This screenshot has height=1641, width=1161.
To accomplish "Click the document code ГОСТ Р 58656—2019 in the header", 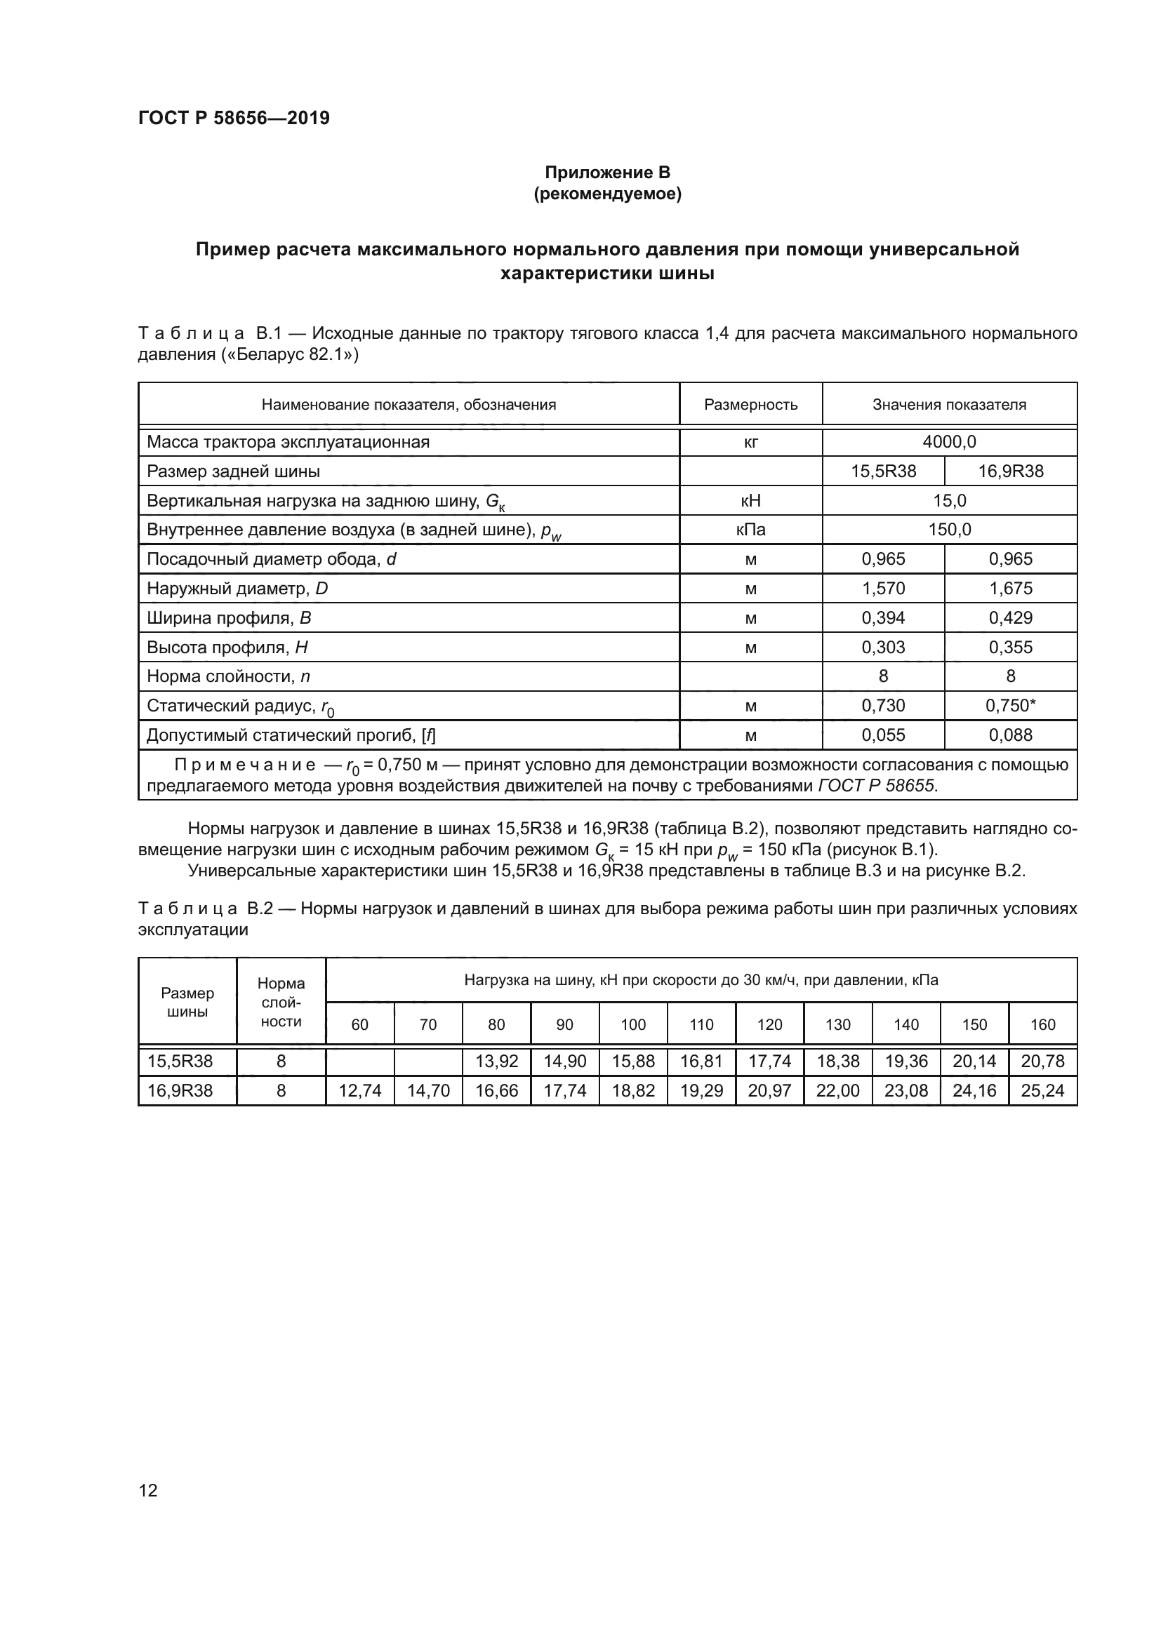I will point(234,118).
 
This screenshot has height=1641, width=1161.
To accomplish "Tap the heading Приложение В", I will point(607,173).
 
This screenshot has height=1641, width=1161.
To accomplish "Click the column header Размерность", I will point(750,405).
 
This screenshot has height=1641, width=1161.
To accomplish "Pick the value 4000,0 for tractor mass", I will point(949,442).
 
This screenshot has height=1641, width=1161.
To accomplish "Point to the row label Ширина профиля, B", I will point(229,617).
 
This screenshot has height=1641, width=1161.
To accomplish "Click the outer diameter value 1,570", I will point(883,588).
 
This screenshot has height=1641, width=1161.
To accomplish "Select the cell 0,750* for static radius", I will point(1010,705).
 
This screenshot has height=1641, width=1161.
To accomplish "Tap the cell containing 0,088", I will point(1010,735).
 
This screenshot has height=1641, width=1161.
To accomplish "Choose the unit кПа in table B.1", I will point(750,530).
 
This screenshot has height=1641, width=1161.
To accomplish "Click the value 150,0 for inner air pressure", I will point(949,530).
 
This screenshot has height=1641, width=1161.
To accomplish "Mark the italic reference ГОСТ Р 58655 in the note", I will point(877,786).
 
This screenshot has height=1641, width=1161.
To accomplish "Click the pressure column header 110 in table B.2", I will point(701,1024).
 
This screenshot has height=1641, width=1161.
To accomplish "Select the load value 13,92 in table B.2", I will point(496,1061).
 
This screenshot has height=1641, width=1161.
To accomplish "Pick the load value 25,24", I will point(1042,1091).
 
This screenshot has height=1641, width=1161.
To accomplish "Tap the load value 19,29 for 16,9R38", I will point(701,1091).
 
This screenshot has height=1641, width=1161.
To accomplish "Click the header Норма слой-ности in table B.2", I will point(281,1002).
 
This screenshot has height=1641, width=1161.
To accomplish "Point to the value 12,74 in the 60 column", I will point(359,1091).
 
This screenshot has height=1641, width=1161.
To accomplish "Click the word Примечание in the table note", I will point(245,765).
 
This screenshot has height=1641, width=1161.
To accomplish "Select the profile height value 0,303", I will point(883,647).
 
